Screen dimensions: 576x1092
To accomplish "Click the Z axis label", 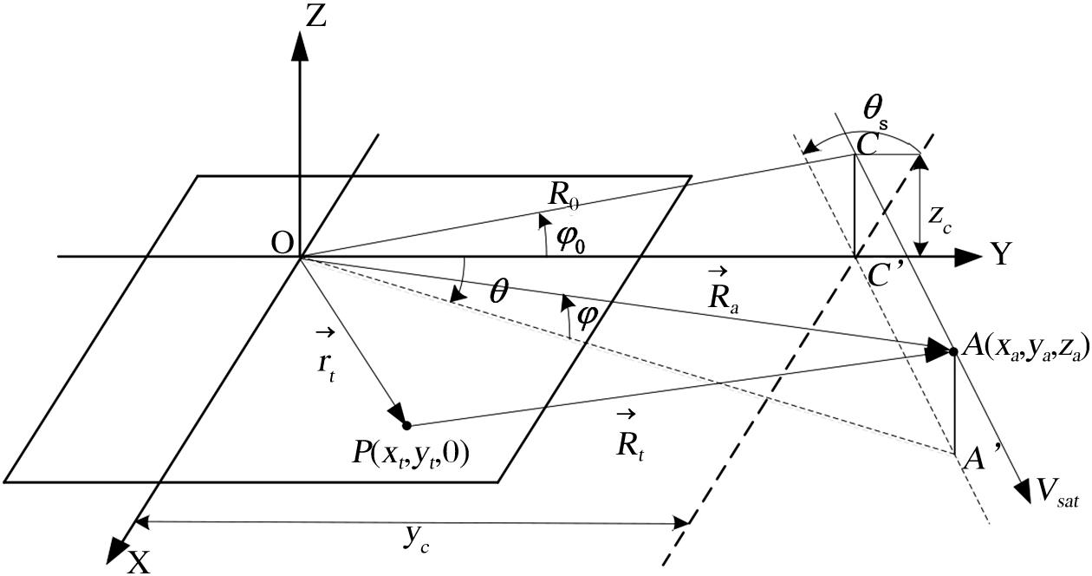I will tap(316, 18).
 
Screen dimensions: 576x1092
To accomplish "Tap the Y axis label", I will tap(1000, 254).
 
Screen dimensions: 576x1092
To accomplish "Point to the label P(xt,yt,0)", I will tap(406, 453).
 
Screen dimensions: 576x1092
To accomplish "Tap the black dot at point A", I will tap(953, 351).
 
